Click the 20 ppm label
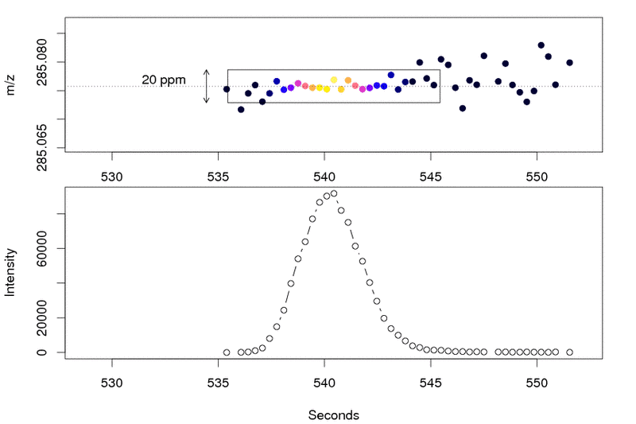coord(163,80)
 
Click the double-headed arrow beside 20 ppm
coord(207,86)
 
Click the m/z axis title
coord(11,86)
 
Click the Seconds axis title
coord(333,414)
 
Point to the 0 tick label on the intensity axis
coord(50,352)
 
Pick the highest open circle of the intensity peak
coord(334,193)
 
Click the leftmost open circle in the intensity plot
coord(227,352)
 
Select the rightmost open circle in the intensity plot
coord(569,352)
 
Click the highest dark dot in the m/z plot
coord(541,45)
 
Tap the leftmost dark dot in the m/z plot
coord(227,89)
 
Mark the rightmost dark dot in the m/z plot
coord(569,62)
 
